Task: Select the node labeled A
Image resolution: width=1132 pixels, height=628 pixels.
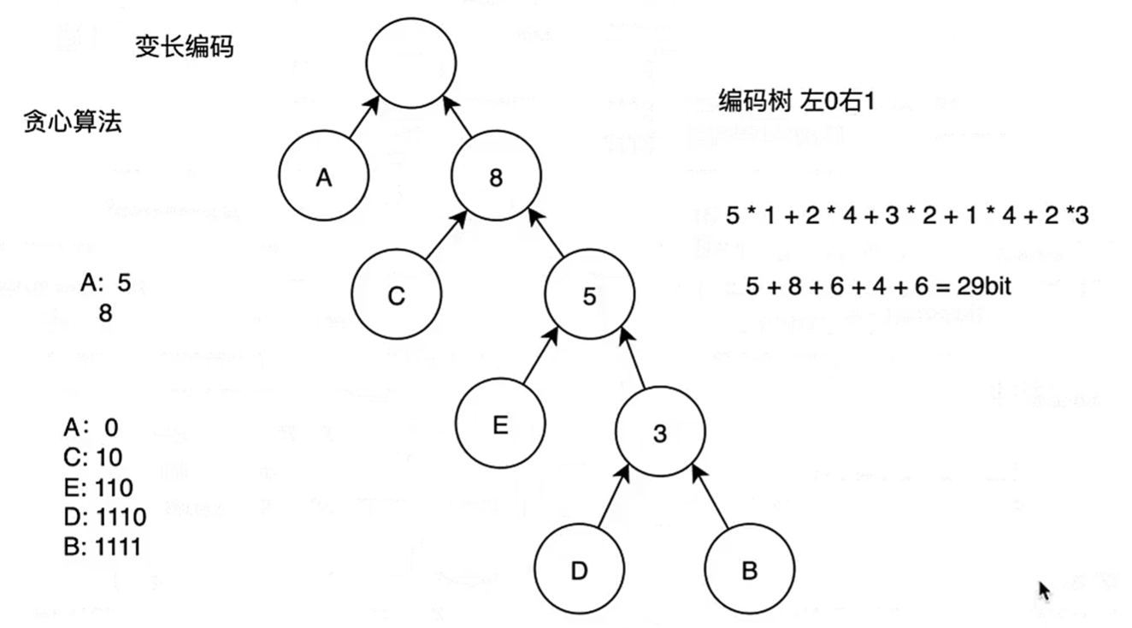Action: tap(323, 178)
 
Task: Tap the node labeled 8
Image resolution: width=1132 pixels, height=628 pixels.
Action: tap(497, 178)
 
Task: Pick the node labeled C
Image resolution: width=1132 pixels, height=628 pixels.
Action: tap(396, 296)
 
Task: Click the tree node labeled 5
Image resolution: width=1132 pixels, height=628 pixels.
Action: tap(589, 296)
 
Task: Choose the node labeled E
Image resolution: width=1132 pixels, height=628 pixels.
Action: tap(500, 424)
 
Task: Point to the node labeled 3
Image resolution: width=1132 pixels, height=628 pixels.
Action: tap(660, 433)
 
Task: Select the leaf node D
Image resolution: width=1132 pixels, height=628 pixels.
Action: tap(580, 571)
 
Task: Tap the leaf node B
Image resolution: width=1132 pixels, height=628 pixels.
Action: tap(749, 571)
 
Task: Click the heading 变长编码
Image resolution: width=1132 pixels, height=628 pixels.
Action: tap(184, 47)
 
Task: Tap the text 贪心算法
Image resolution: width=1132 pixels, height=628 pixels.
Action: tap(73, 122)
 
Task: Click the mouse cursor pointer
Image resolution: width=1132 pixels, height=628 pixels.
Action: tap(1044, 591)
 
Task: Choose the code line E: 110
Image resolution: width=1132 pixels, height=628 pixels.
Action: tap(98, 488)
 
